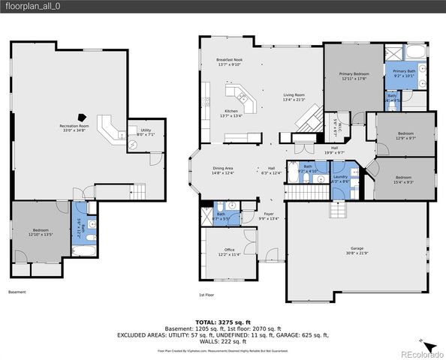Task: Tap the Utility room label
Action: click(x=145, y=133)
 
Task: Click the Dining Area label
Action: click(x=224, y=170)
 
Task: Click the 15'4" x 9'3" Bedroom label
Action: click(x=405, y=179)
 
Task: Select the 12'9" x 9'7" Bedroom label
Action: click(x=405, y=135)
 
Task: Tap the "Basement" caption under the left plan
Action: click(x=17, y=292)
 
